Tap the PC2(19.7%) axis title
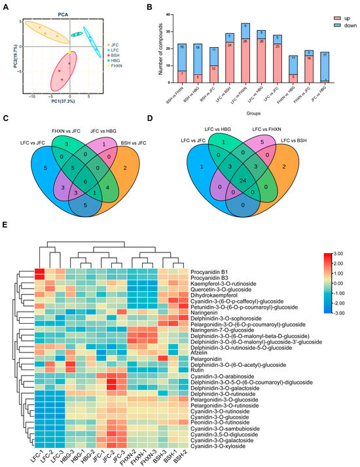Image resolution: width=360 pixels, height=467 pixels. coord(5,53)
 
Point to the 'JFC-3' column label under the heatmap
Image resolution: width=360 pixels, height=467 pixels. coord(120,453)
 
